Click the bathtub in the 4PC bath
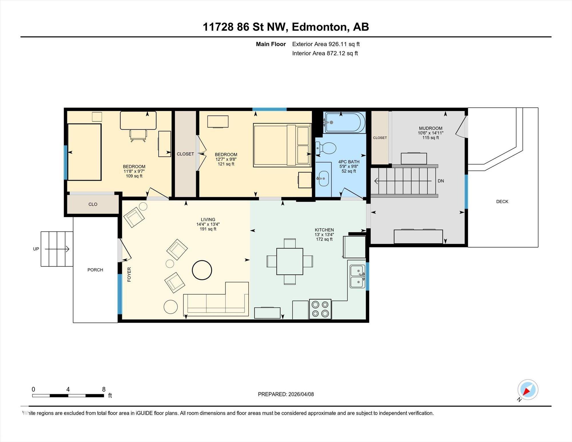tap(345, 122)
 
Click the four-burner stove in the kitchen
tap(320, 309)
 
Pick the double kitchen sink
tap(357, 276)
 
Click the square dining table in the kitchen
tap(290, 261)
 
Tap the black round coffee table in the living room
tap(202, 270)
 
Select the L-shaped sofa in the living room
tap(216, 299)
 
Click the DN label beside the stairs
tap(441, 181)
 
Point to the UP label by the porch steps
tap(36, 249)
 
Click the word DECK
tap(502, 201)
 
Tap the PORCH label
tap(95, 270)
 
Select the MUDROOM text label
tap(430, 128)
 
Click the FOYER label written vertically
tap(129, 275)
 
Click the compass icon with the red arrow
tap(528, 390)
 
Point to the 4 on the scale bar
tap(68, 389)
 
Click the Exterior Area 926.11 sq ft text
tap(326, 44)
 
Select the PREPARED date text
tap(286, 394)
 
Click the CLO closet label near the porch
tap(93, 204)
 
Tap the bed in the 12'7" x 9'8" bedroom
tap(282, 145)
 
